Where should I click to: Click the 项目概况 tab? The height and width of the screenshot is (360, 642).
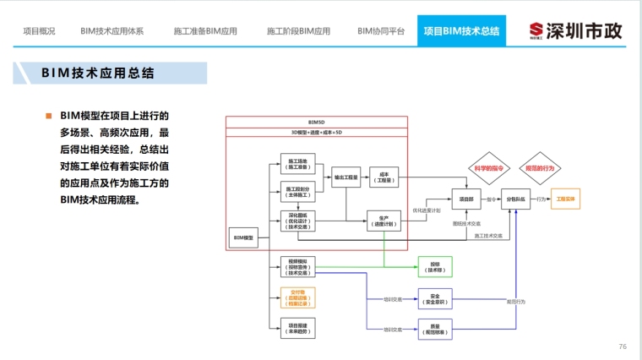[x=39, y=31]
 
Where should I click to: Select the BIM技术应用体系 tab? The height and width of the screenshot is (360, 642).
[x=112, y=31]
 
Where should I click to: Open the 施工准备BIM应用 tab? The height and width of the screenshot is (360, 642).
[x=205, y=31]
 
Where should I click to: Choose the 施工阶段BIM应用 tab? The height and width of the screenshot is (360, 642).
[x=298, y=31]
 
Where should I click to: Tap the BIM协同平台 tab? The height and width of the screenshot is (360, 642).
[x=381, y=31]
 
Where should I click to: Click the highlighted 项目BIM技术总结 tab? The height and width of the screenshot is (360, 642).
[x=460, y=31]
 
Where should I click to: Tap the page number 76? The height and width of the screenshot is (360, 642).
[x=623, y=346]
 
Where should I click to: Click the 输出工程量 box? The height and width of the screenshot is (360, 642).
[x=346, y=177]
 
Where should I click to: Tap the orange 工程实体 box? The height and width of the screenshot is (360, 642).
[x=565, y=199]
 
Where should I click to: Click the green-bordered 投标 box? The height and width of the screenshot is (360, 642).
[x=435, y=265]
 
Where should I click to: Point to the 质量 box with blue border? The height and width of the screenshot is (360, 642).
[x=435, y=329]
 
